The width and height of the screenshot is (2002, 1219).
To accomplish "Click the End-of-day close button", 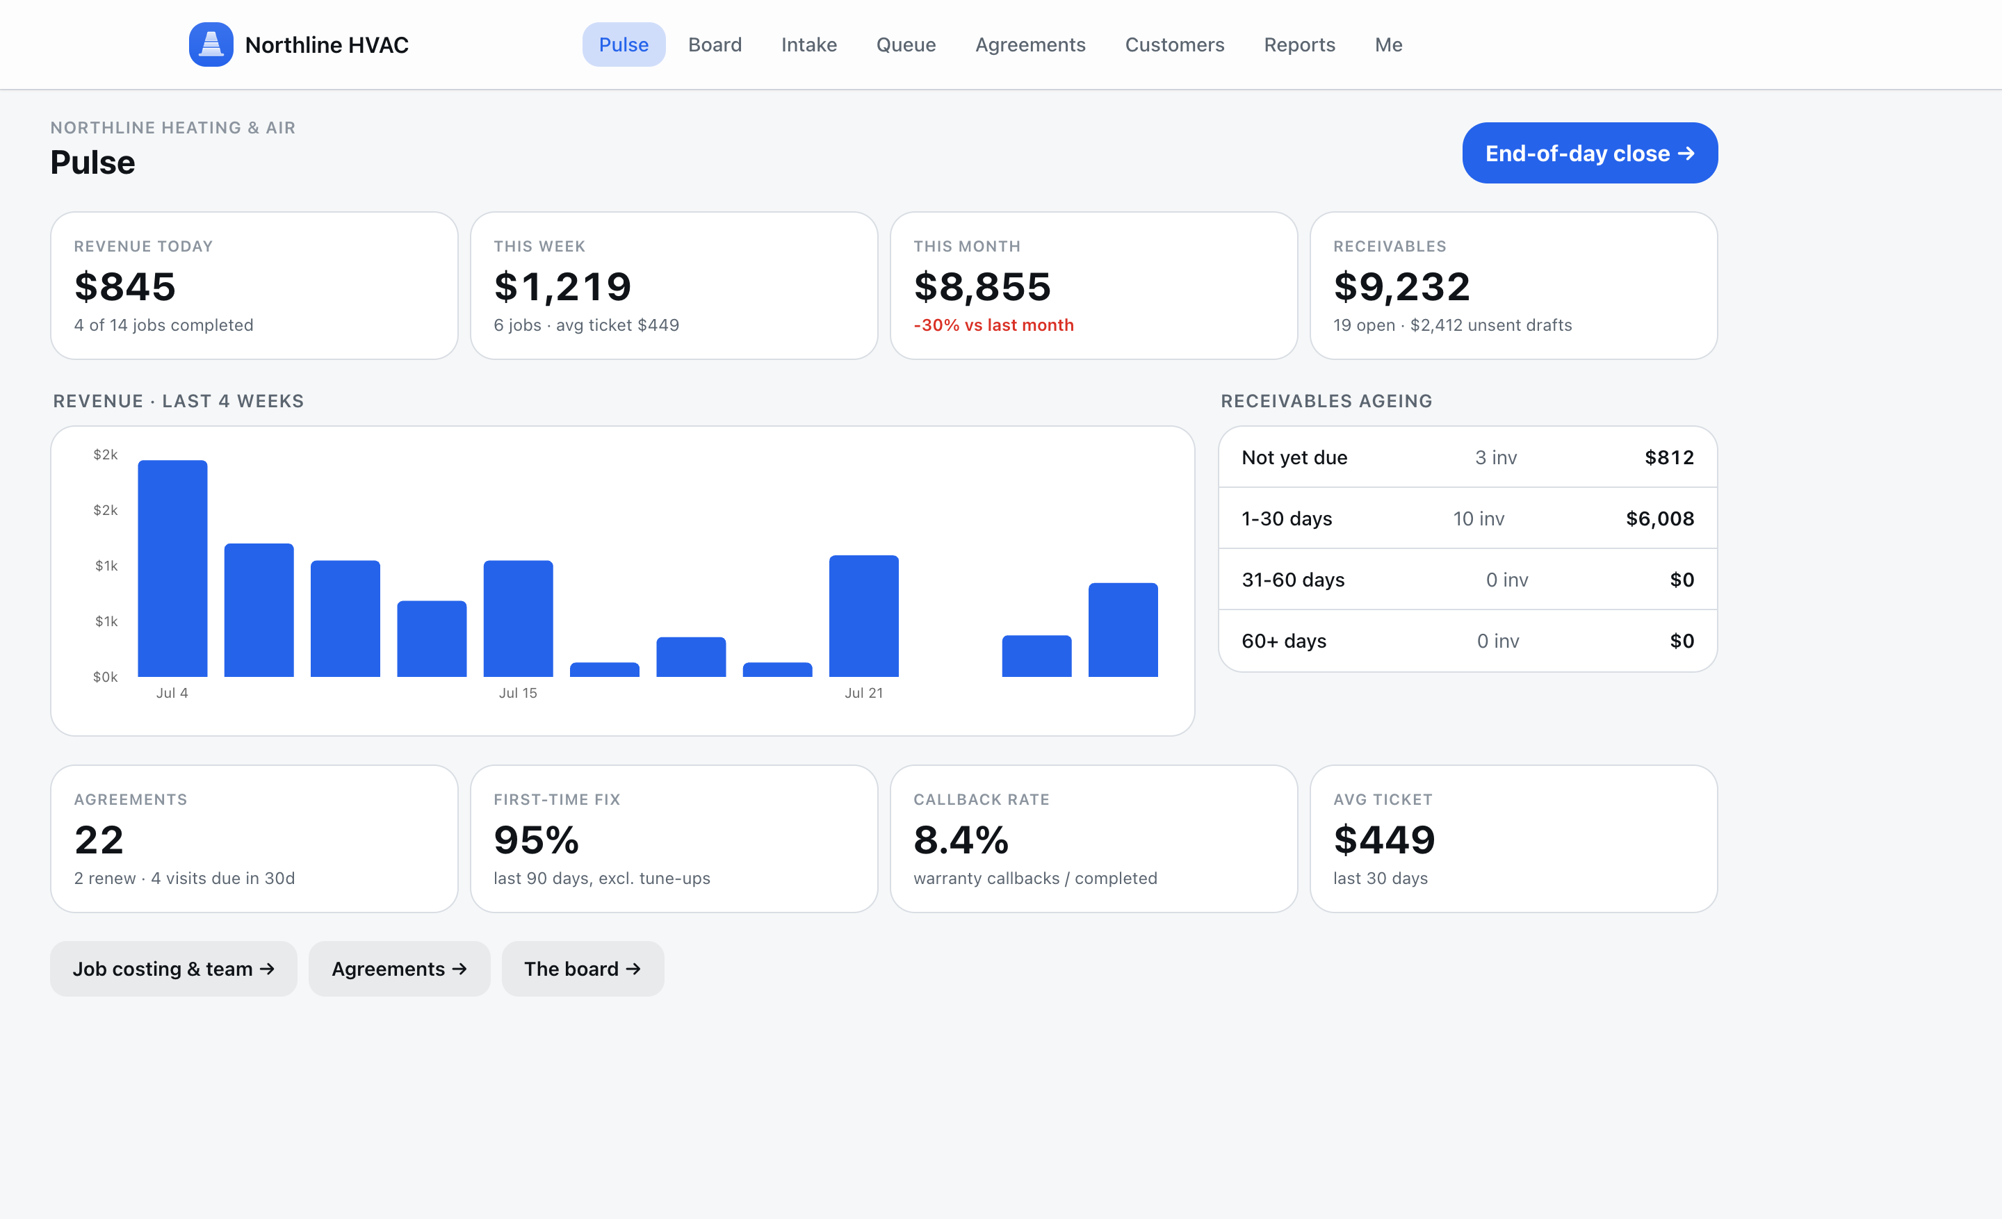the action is [1589, 153].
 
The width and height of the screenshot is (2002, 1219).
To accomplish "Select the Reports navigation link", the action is [1299, 44].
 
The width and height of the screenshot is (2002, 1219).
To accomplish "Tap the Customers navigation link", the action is [1174, 44].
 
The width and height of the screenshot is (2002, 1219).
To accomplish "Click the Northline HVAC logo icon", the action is [211, 44].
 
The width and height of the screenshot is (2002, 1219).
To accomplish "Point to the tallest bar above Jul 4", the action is [172, 568].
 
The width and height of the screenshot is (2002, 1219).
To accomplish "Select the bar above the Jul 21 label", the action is [863, 616].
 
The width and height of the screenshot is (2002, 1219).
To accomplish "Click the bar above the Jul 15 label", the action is [519, 618].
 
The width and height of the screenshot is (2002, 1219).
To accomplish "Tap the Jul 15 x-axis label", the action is [518, 693].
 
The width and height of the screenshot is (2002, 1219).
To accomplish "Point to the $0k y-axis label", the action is [106, 676].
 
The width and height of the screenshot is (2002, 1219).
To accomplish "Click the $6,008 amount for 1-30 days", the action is [1660, 518].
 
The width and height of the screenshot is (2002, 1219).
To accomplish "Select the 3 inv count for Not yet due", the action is [1496, 457].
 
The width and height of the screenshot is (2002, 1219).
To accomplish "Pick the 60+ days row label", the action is [1284, 641].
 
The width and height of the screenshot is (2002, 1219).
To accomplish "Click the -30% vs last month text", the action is [993, 325].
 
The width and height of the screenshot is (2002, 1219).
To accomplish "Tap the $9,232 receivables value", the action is [1401, 286].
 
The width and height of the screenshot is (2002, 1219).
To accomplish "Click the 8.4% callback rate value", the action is [961, 839].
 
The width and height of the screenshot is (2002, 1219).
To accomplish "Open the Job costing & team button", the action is [174, 969].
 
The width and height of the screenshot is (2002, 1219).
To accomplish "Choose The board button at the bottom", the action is [583, 969].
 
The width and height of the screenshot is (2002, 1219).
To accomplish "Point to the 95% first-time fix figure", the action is [536, 839].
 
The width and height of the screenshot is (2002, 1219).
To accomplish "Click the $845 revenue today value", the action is [125, 286].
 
